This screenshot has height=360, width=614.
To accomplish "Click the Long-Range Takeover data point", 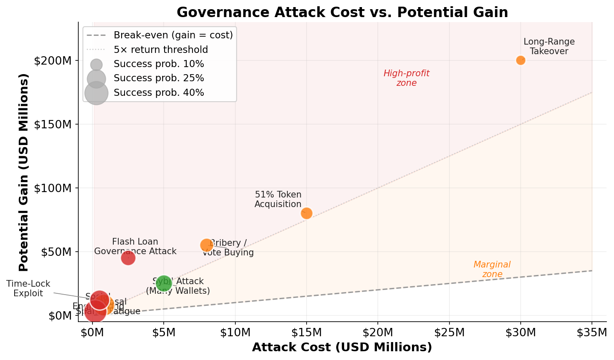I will (520, 60).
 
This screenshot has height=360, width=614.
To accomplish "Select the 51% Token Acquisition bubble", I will (307, 213).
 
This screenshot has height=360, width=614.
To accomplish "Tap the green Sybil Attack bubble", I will (164, 283).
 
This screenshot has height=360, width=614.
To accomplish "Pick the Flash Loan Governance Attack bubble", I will (128, 258).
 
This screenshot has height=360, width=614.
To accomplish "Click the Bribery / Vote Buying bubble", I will (206, 245).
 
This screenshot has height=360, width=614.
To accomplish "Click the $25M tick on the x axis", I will (449, 322).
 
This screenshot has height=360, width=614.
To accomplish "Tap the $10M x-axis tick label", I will (235, 332).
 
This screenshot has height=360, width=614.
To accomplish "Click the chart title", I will (342, 12).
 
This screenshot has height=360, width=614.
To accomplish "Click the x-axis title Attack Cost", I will (342, 347).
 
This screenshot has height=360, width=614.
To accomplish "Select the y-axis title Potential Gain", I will (23, 172).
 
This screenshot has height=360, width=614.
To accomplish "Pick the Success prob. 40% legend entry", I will (159, 92).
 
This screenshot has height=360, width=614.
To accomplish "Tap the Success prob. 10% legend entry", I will (159, 64).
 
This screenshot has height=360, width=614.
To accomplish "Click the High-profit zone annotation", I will (406, 78).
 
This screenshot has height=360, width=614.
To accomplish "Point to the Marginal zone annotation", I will (492, 269).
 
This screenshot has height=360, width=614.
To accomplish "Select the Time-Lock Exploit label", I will (28, 288).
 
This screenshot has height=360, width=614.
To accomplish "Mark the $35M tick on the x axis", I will (592, 322).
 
